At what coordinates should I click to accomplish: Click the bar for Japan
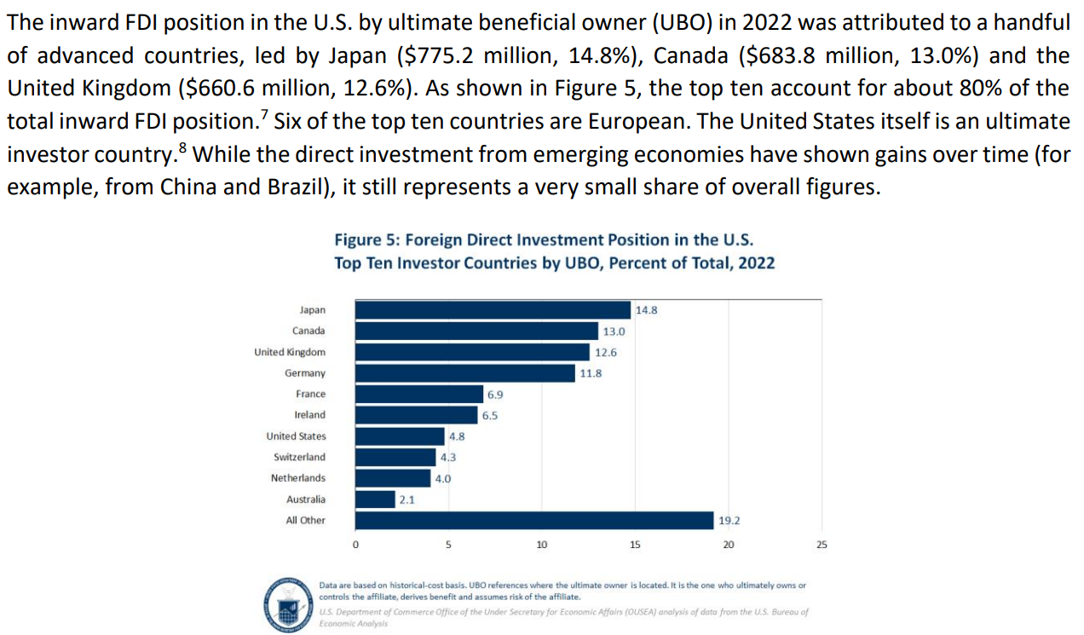click(x=492, y=310)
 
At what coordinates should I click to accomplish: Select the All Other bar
click(x=533, y=520)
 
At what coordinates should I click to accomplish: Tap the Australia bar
click(x=374, y=499)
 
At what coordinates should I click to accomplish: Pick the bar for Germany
click(x=464, y=373)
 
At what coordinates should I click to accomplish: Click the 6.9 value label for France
click(x=495, y=395)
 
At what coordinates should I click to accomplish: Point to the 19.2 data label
click(x=729, y=521)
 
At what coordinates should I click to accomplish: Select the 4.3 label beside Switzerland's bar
click(x=448, y=458)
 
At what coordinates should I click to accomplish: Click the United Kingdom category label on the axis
click(x=290, y=352)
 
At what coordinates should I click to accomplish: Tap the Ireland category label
click(x=309, y=415)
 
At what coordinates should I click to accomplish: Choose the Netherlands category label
click(x=298, y=478)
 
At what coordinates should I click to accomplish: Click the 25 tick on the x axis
click(x=822, y=545)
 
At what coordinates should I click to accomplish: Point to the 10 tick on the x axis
click(x=541, y=545)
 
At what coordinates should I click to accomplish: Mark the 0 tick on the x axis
click(x=355, y=545)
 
